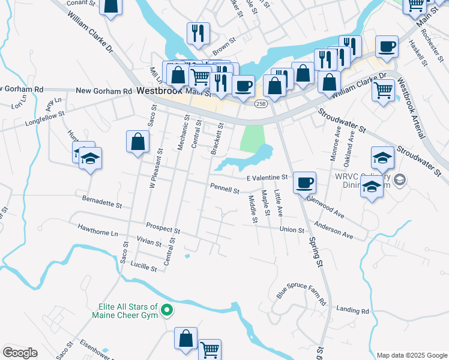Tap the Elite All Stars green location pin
167,311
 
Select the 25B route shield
260,104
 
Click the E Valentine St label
268,178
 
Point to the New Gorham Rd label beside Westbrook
103,91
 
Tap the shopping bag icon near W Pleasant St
137,142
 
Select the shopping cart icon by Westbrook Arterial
383,91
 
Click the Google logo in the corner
20,353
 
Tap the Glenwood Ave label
325,206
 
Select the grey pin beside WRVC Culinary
399,179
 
